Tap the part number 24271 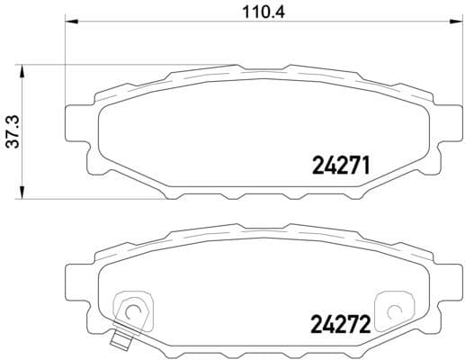click(341, 166)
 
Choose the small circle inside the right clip click(392, 312)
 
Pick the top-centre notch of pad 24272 click(262, 229)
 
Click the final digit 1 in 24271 click(367, 166)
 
